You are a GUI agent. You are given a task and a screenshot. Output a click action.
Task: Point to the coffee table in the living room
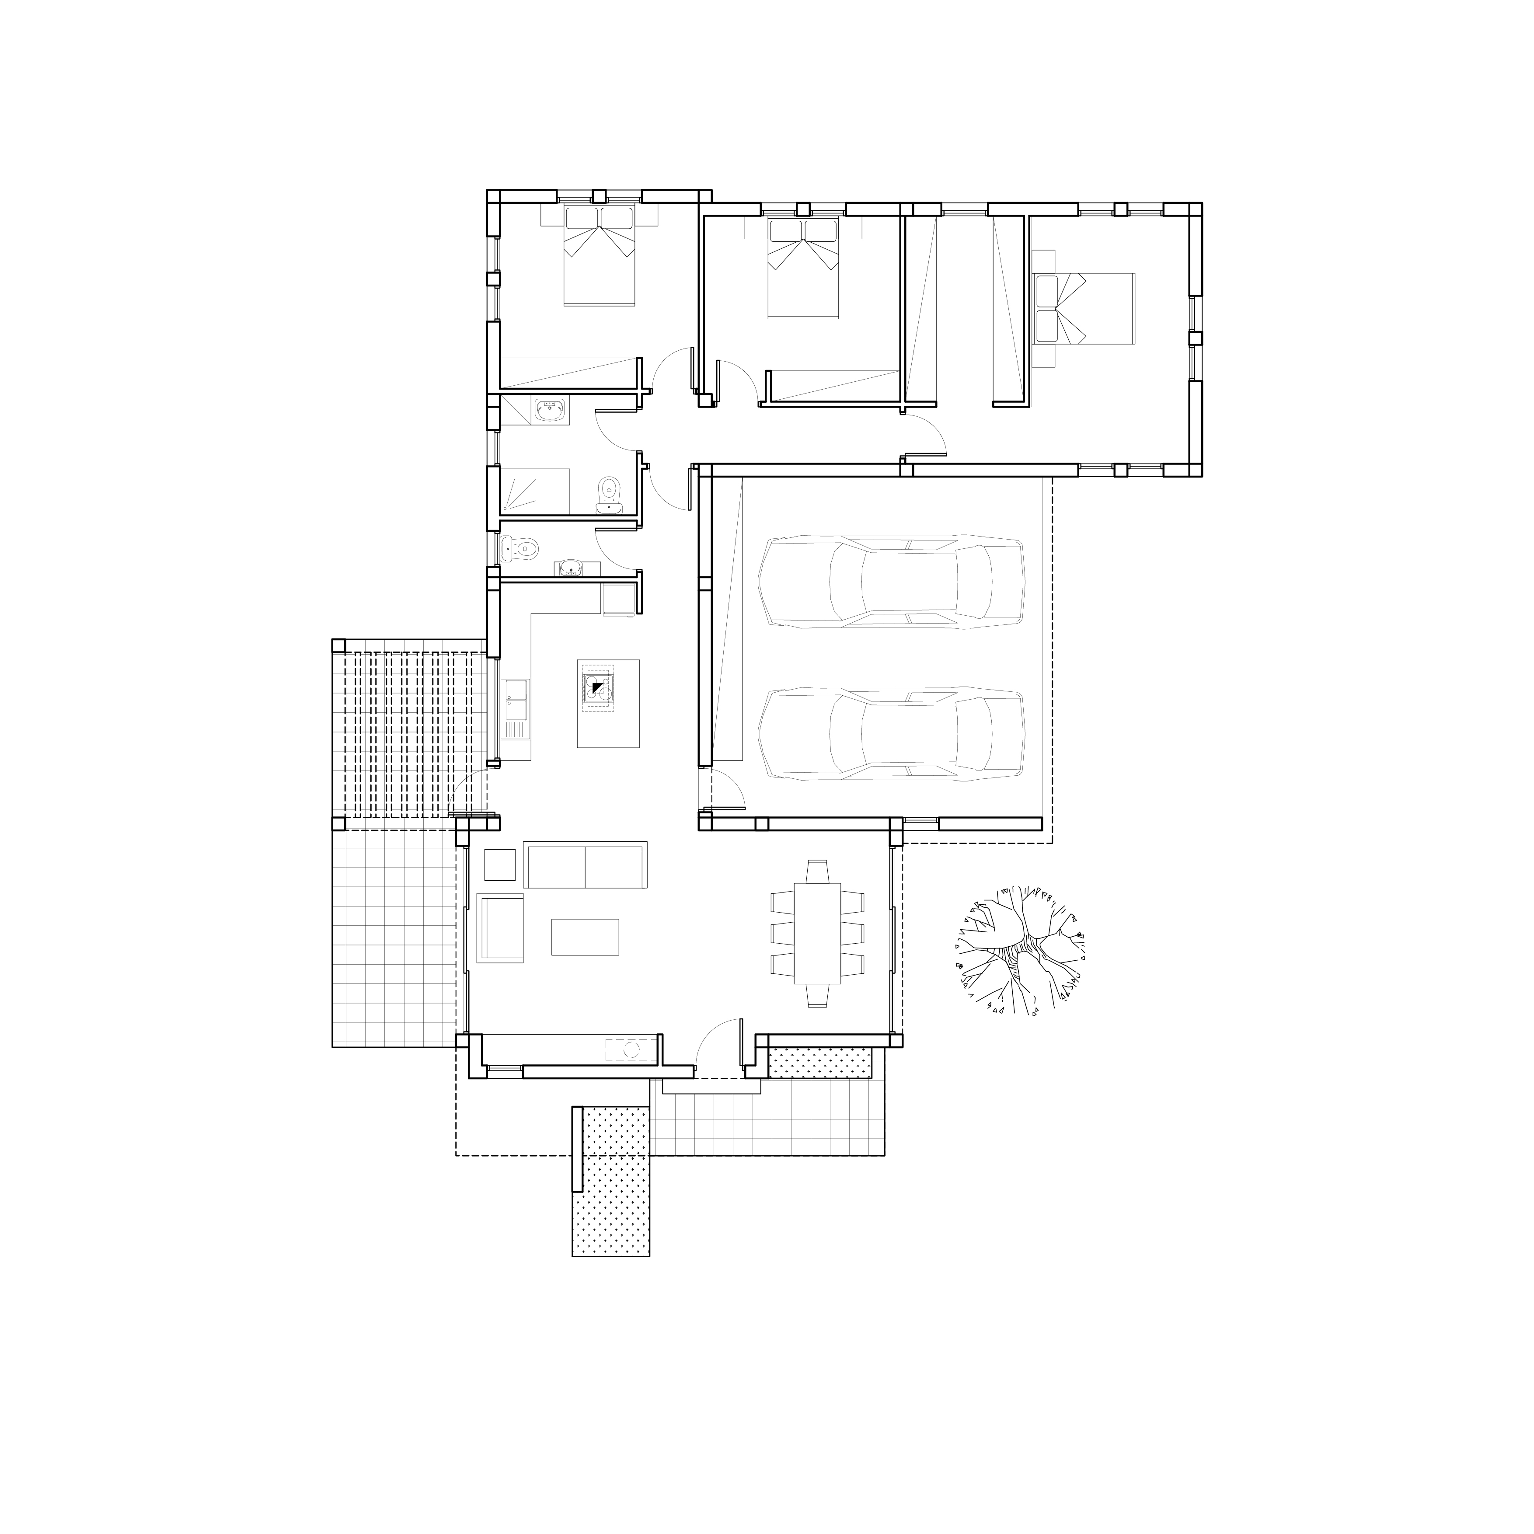[x=585, y=937]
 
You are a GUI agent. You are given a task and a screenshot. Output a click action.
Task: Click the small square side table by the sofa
[x=499, y=865]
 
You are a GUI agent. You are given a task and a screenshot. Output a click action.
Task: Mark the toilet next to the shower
[x=610, y=494]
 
